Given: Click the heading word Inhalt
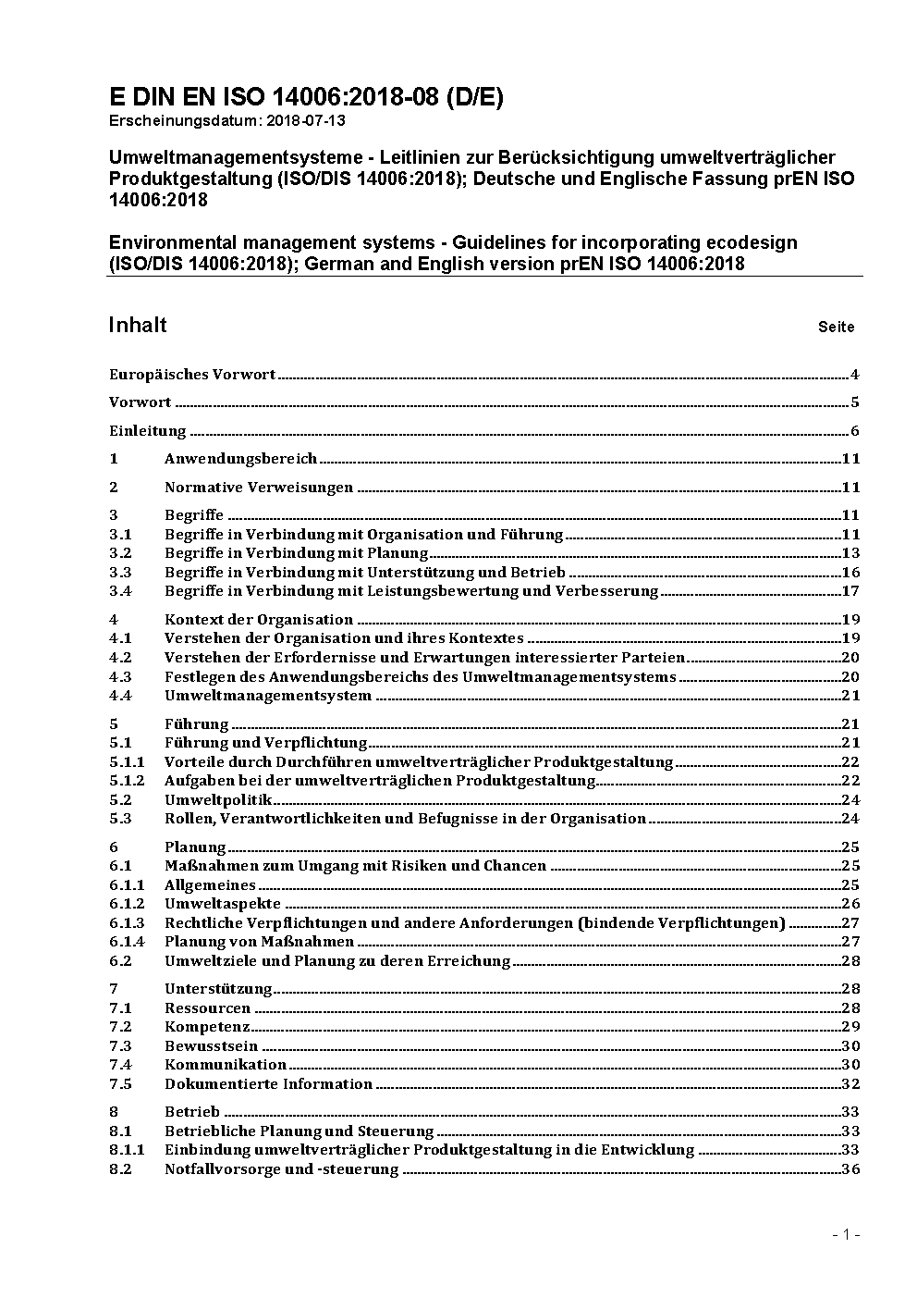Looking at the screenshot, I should (x=138, y=325).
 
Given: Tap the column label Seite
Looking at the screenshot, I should (x=836, y=327).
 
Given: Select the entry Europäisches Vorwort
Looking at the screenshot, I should (x=192, y=375).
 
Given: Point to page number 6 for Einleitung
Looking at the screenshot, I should (x=855, y=431).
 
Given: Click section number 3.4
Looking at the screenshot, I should (x=120, y=591).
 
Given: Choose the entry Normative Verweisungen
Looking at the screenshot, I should (x=259, y=488).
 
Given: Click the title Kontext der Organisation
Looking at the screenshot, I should (x=259, y=620).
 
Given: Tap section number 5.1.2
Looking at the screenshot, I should (x=127, y=781).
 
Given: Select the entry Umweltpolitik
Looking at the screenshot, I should (x=218, y=800).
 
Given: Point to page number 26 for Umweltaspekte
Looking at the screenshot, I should (x=850, y=904).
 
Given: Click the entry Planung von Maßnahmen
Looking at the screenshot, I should (x=259, y=942).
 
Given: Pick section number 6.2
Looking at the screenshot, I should (x=120, y=961).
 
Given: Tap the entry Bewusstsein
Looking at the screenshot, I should (x=211, y=1046).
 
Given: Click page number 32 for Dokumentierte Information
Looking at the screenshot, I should (x=850, y=1084).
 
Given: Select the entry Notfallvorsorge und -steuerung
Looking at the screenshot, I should (x=281, y=1169).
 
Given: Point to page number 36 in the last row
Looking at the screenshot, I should (x=850, y=1169).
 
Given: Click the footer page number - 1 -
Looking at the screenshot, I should (x=846, y=1235).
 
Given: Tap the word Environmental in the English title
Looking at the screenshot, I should (x=173, y=242).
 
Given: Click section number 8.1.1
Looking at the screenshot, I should (x=127, y=1150).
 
